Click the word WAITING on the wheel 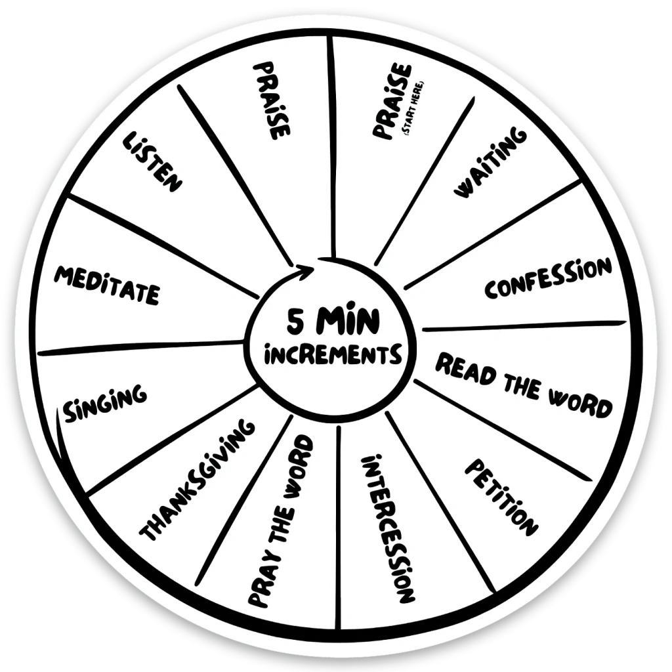490,162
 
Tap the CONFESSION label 548,278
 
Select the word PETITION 501,497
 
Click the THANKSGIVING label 198,479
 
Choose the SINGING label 105,402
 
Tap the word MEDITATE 107,285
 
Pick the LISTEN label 152,161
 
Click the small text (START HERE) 413,109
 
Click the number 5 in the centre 295,322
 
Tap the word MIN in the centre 348,321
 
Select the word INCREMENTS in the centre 333,355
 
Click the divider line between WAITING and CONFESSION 493,236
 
